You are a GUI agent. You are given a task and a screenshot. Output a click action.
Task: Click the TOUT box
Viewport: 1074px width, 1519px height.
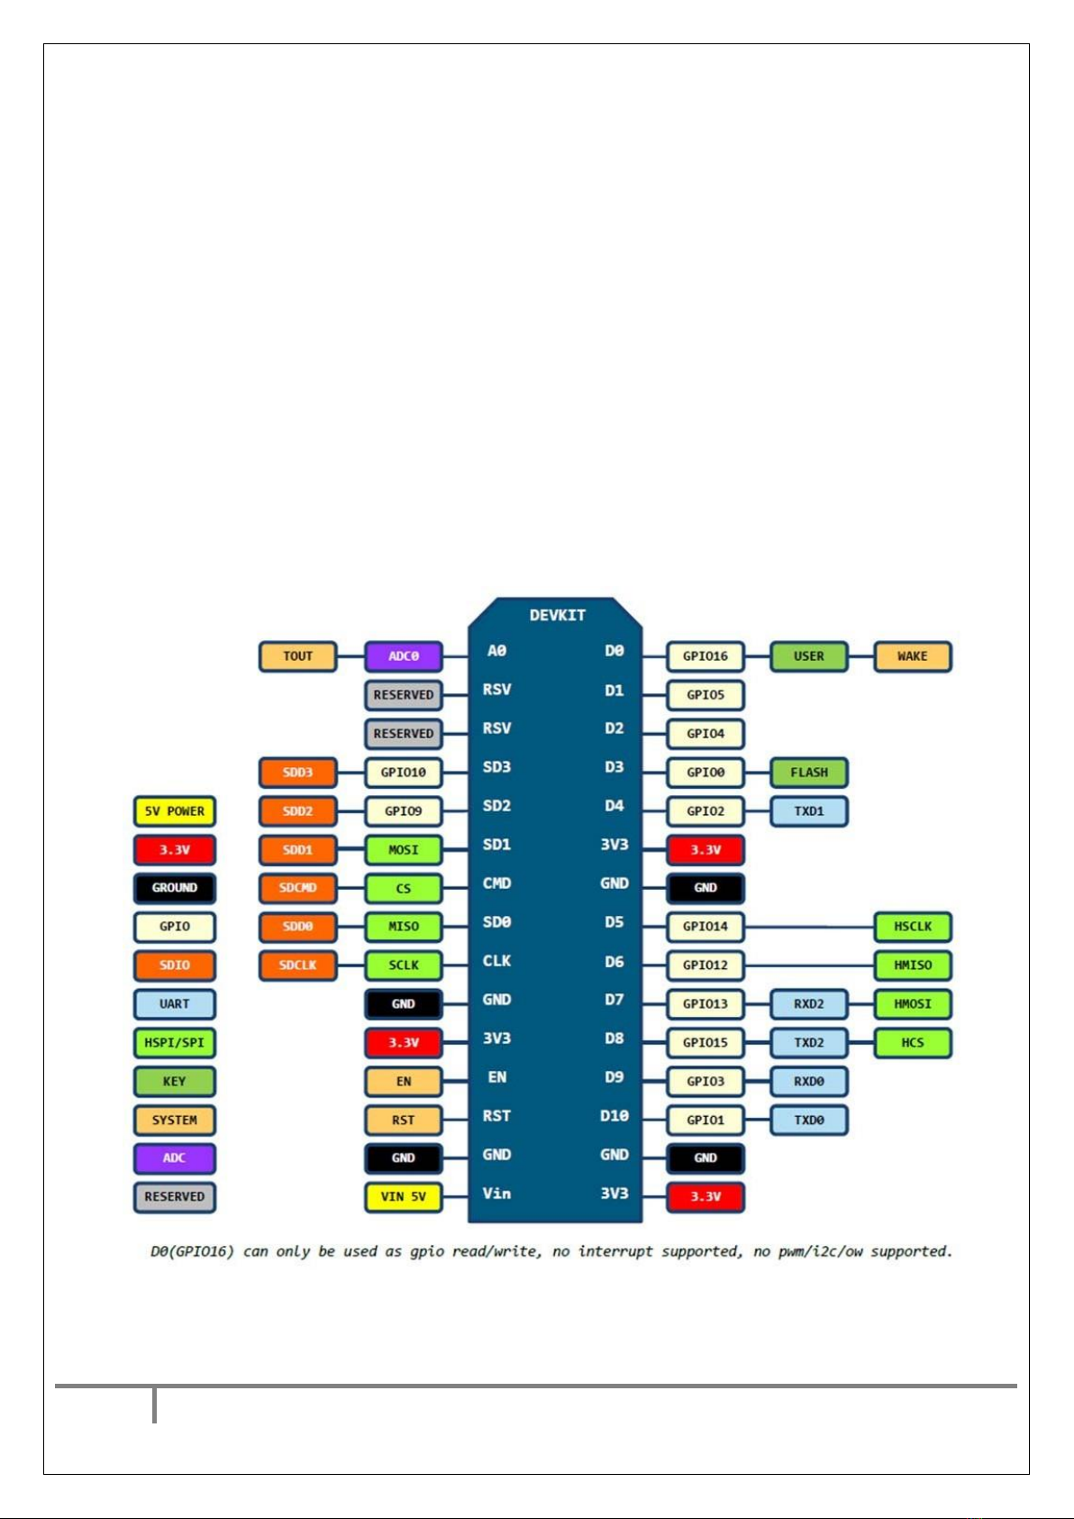[x=297, y=656]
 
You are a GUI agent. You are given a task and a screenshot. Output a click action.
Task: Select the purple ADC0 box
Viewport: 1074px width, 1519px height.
[x=403, y=656]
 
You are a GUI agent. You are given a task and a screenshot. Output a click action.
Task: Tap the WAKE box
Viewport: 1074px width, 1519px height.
[x=912, y=656]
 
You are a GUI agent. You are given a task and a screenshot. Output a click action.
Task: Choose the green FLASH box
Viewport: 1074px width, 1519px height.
[x=808, y=773]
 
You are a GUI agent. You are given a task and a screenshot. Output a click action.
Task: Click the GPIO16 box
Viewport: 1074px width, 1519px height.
[x=705, y=656]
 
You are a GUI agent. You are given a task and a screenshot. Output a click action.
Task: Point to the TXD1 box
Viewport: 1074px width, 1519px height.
[x=808, y=811]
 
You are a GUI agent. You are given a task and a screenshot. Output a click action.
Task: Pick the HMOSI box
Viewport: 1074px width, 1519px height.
[x=912, y=1004]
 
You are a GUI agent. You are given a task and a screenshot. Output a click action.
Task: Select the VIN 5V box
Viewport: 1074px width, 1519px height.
[x=403, y=1197]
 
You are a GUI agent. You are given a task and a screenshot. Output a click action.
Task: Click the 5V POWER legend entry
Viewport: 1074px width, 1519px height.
[x=175, y=811]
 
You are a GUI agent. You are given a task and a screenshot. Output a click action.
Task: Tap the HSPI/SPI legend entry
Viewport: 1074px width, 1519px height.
[x=175, y=1043]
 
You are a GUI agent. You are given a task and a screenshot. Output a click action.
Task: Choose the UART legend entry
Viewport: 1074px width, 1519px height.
[x=175, y=1004]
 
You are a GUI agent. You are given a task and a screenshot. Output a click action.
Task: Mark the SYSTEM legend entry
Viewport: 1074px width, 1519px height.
[x=175, y=1121]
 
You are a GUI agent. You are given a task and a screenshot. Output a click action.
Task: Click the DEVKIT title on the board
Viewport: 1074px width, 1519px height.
[x=557, y=616]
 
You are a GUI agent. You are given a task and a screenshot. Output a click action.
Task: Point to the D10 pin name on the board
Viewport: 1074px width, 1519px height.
[x=614, y=1116]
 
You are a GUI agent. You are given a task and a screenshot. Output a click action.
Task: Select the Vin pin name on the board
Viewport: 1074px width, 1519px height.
[x=496, y=1194]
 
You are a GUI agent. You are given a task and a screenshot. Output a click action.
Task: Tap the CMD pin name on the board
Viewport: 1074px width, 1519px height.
[x=496, y=883]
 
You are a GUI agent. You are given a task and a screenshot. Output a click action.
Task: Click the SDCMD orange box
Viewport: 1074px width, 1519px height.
[x=297, y=888]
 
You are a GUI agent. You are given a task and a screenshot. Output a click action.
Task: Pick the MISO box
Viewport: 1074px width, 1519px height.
[x=403, y=927]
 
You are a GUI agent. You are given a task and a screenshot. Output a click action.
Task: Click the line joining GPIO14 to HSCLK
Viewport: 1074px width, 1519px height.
[x=809, y=927]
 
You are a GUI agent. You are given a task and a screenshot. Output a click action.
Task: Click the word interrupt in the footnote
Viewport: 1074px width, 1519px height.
[x=615, y=1251]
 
